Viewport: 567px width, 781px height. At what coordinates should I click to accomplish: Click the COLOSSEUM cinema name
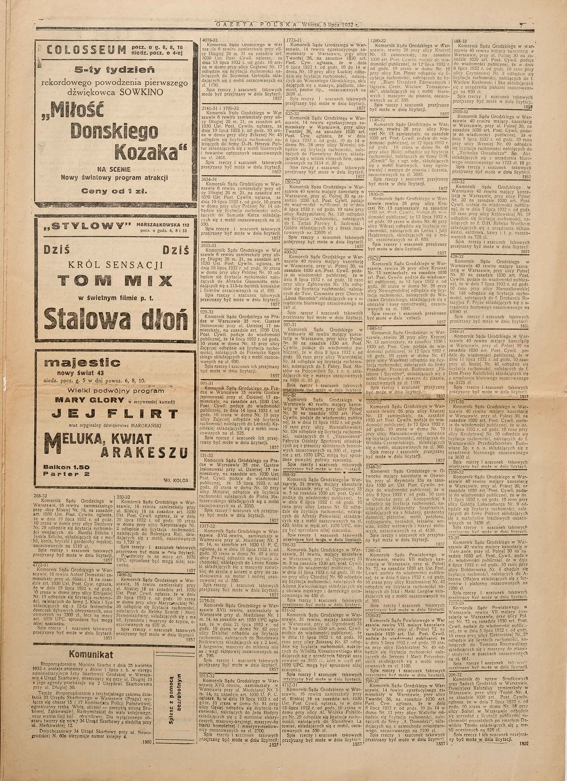pos(85,51)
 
